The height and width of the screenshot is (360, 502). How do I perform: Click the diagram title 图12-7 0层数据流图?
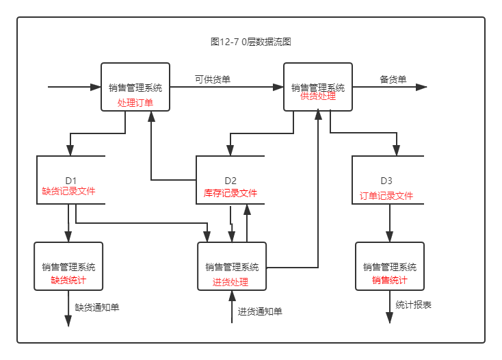pos(251,42)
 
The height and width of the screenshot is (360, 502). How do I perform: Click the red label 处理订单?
pos(135,103)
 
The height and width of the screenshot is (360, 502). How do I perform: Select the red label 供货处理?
pos(318,97)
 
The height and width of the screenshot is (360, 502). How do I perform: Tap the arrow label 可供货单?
pos(213,79)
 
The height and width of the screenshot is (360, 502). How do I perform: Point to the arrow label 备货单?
pos(393,79)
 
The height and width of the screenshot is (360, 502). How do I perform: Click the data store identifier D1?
pos(71,181)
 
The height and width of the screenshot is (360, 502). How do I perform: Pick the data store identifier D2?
pos(230,181)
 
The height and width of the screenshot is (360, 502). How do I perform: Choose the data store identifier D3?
pos(386,181)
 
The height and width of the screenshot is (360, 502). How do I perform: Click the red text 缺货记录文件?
pos(68,192)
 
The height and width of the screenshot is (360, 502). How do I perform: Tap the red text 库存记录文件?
pos(230,193)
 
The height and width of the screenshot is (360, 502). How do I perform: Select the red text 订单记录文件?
pos(386,196)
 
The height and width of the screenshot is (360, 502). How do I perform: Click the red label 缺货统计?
pos(68,281)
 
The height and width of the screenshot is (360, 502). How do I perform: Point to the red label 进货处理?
pos(230,282)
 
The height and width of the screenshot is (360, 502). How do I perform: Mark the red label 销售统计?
pos(390,281)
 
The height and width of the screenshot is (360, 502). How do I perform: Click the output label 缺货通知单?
pos(97,307)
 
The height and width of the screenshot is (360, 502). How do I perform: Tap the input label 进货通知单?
pos(260,311)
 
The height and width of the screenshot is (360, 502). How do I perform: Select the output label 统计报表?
pos(414,305)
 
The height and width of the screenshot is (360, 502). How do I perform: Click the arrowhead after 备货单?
pos(421,87)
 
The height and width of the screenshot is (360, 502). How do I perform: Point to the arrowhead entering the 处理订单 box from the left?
pos(96,87)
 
